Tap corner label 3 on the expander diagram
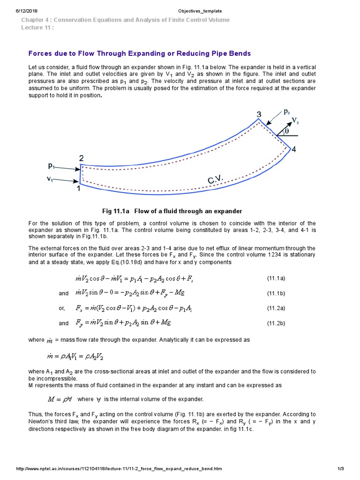(259, 114)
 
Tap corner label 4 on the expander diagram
(293, 150)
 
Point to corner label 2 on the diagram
(81, 158)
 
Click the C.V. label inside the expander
(216, 180)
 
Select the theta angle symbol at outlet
(286, 132)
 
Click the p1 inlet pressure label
(52, 165)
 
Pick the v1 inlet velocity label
(49, 179)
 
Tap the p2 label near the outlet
(287, 112)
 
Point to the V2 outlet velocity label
(295, 121)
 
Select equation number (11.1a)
(276, 278)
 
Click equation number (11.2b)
(276, 323)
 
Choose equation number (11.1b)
(276, 293)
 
